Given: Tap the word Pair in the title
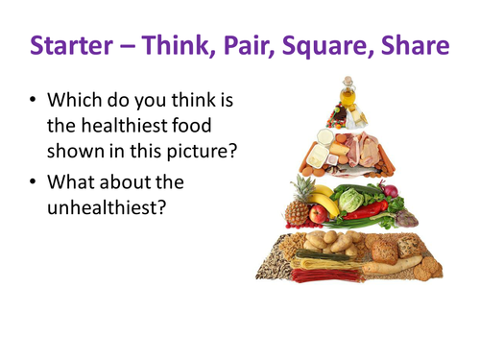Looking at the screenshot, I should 266,44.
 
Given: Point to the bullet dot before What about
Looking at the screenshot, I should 36,179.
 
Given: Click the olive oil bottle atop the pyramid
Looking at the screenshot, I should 346,94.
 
